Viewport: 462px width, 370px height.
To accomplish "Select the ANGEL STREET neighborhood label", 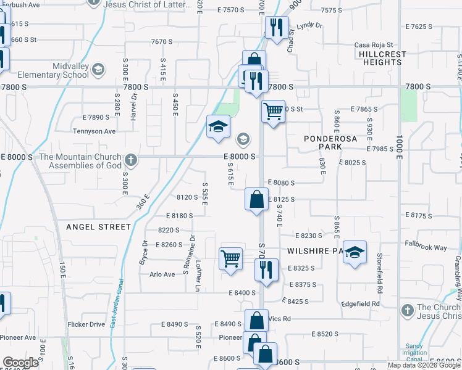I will (98, 227).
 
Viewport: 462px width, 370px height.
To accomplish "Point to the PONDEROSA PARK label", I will (331, 143).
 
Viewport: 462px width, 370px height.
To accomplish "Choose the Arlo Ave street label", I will (162, 275).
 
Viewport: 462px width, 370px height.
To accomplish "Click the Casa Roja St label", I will (374, 44).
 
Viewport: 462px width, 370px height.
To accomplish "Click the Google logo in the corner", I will (20, 362).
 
